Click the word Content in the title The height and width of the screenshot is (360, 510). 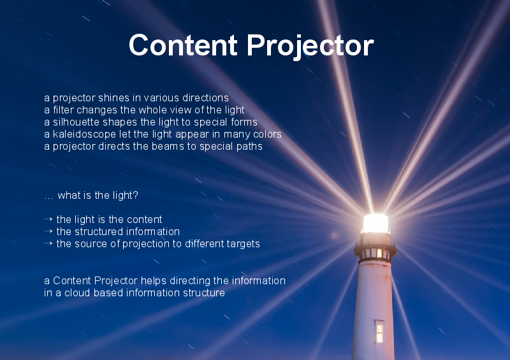(x=183, y=45)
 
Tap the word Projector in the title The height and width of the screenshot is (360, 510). (x=310, y=47)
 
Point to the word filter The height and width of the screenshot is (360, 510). (x=63, y=110)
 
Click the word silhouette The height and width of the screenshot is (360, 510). (x=76, y=122)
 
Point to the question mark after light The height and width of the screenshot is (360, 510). (x=135, y=195)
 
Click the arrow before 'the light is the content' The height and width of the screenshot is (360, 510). (x=48, y=219)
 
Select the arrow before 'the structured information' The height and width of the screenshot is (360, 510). (x=48, y=231)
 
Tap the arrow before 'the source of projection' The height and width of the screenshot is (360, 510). (x=48, y=243)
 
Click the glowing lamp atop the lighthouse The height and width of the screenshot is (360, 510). (x=375, y=224)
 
